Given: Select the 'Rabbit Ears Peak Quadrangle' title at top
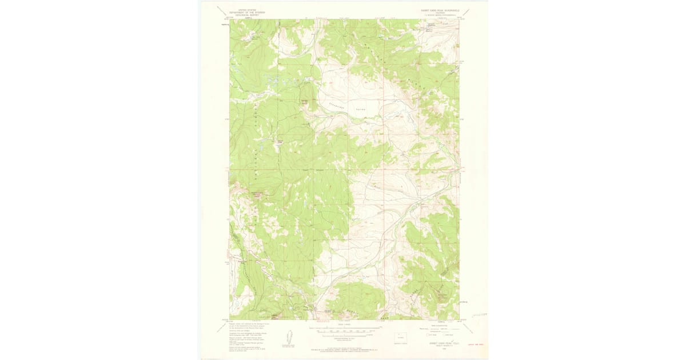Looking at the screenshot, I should [440, 10].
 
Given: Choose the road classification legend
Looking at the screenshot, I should [440, 331].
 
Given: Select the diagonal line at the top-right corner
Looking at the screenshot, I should [465, 11].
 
